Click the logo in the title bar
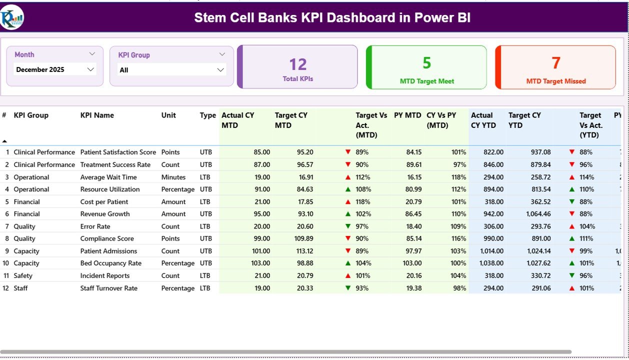coord(12,17)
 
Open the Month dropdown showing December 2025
coord(90,69)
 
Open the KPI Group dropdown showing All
coord(220,70)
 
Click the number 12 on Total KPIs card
coord(298,64)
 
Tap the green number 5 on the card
coord(426,63)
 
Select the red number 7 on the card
coord(556,63)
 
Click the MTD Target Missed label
coord(556,81)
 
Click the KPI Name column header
coord(97,115)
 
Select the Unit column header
coord(168,115)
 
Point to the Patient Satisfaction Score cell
coord(118,152)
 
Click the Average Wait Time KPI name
coord(108,177)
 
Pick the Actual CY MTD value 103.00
coord(260,263)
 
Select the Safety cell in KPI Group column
coord(23,275)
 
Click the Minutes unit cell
coord(173,177)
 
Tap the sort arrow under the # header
coord(5,141)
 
